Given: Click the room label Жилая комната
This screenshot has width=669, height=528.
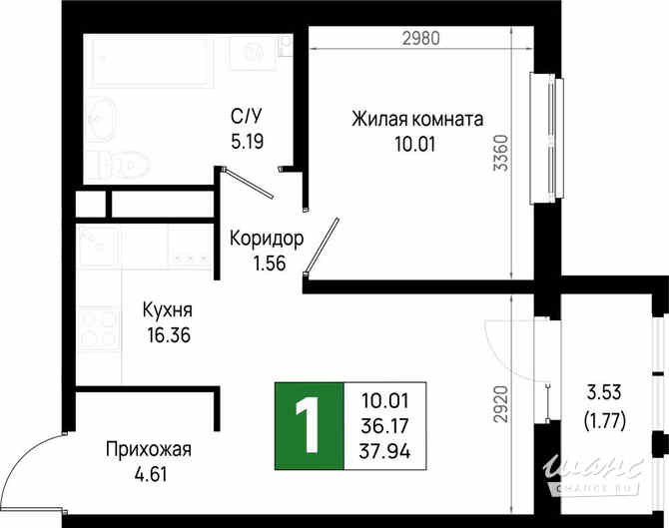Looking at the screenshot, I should (x=416, y=119).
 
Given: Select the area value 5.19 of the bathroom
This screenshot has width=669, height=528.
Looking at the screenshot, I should (x=247, y=142).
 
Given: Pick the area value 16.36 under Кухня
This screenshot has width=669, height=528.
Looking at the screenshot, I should (x=167, y=335).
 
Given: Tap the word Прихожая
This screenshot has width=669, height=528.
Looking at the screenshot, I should (x=148, y=449).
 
